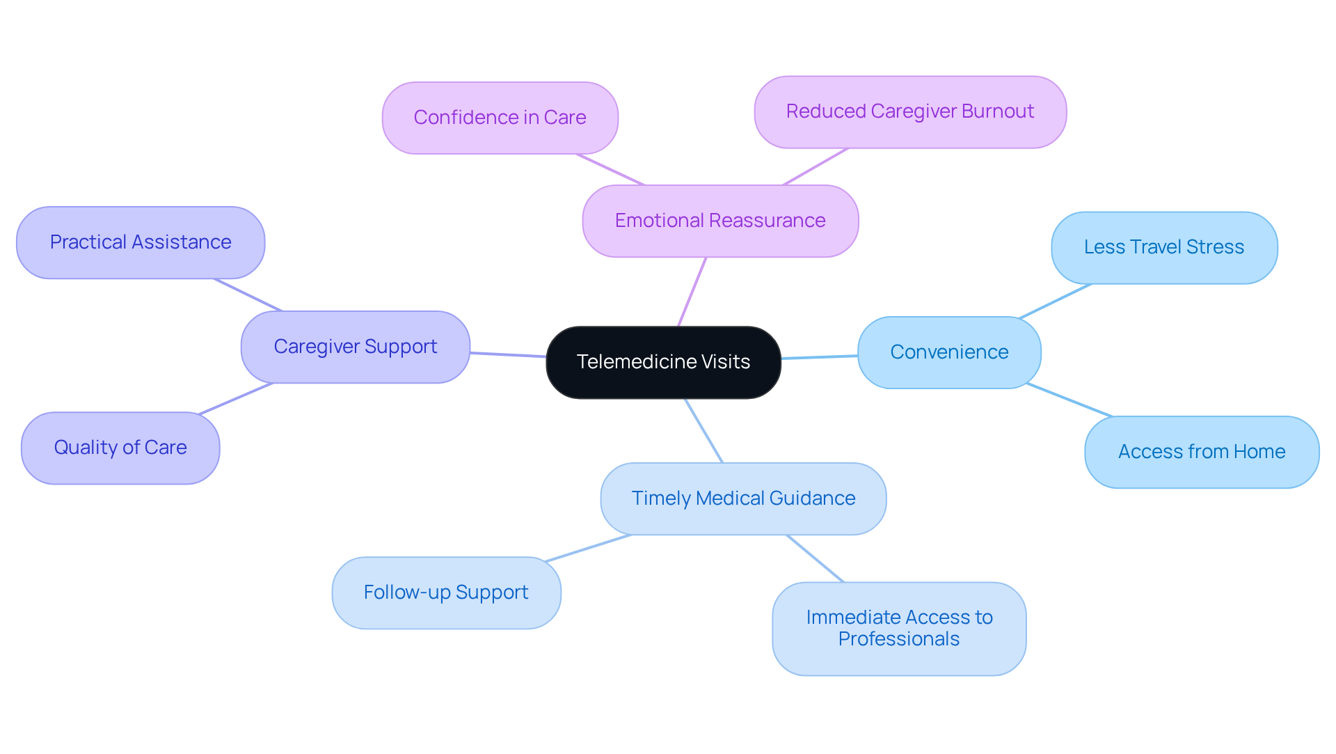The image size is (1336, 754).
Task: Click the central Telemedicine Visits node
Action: point(663,362)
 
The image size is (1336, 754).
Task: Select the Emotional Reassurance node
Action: point(720,221)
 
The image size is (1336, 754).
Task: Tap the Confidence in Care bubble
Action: point(500,118)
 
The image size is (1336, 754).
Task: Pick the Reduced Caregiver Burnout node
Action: point(909,112)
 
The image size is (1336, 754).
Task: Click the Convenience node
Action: point(949,352)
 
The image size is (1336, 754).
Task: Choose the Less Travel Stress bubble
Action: point(1163,247)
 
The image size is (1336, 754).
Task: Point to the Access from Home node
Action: point(1201,452)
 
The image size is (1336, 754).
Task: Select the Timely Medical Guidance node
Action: point(743,498)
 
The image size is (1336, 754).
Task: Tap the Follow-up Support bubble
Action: point(446,592)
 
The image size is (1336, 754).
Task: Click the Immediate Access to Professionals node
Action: point(898,628)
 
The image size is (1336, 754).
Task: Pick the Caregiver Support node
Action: point(355,347)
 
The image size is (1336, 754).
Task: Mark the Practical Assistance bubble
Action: point(140,242)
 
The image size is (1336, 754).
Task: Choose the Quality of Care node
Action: point(120,448)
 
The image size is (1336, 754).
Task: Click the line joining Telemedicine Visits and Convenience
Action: point(819,357)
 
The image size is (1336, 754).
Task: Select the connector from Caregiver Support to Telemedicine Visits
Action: point(508,354)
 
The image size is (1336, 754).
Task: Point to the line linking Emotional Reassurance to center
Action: point(692,292)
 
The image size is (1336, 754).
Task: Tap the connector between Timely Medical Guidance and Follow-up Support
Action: point(589,548)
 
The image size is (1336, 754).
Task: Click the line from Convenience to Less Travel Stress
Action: point(1055,301)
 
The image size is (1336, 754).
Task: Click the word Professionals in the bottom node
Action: point(898,639)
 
